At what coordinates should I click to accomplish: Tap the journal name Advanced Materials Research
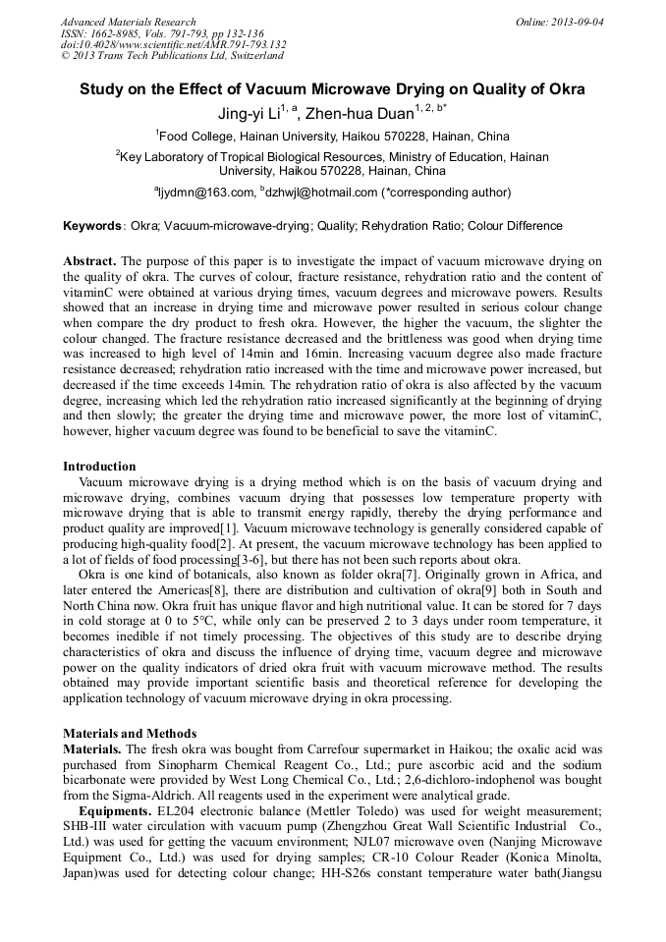click(128, 22)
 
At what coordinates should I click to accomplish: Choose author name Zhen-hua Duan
click(359, 114)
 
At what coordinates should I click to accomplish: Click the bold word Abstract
click(89, 261)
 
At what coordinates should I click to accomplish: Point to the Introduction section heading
click(99, 467)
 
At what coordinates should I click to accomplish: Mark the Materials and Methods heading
click(130, 733)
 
